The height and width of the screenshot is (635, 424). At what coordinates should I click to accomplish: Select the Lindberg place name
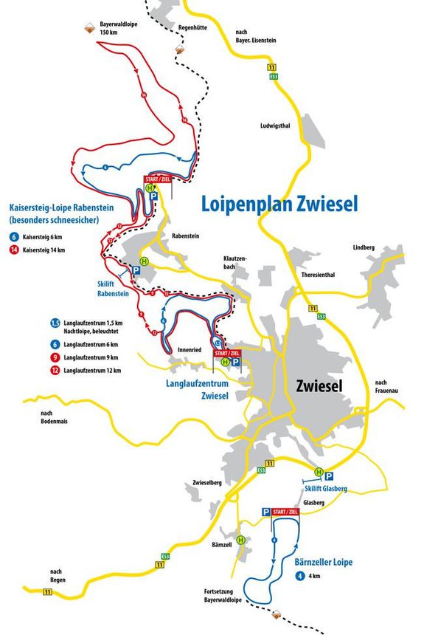coord(364,247)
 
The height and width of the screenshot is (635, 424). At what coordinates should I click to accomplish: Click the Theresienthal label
coord(318,274)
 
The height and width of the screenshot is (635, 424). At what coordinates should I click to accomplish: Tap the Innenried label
coord(190,349)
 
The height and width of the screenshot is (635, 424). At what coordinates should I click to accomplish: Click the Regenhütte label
coord(192,27)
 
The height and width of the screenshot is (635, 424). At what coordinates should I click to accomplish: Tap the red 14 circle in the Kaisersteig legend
coord(14,250)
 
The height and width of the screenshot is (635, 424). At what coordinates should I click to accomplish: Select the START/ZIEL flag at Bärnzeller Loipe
coord(285,512)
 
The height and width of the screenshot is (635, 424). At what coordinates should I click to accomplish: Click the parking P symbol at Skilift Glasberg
coord(329,476)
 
